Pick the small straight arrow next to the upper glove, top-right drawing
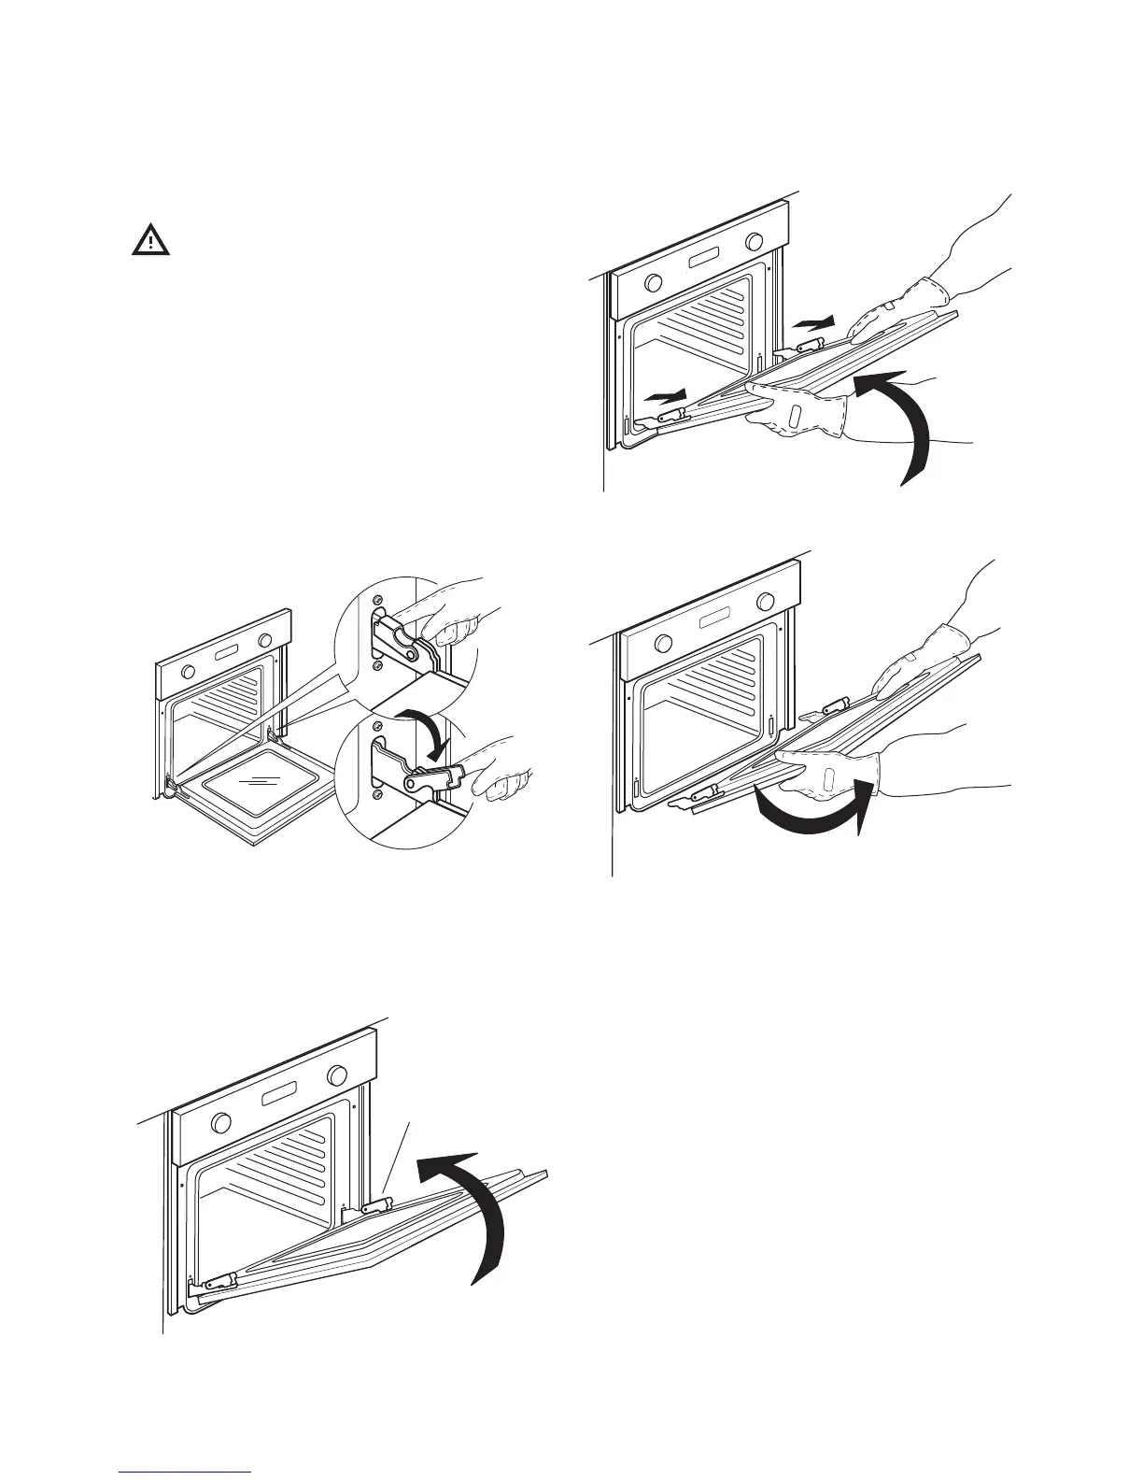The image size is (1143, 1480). [x=813, y=323]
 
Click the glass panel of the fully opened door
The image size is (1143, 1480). [x=252, y=783]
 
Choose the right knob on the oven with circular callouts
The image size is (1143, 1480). [x=266, y=640]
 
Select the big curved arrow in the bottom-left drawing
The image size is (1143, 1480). [x=472, y=1205]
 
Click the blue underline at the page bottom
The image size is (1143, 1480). [x=187, y=1473]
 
